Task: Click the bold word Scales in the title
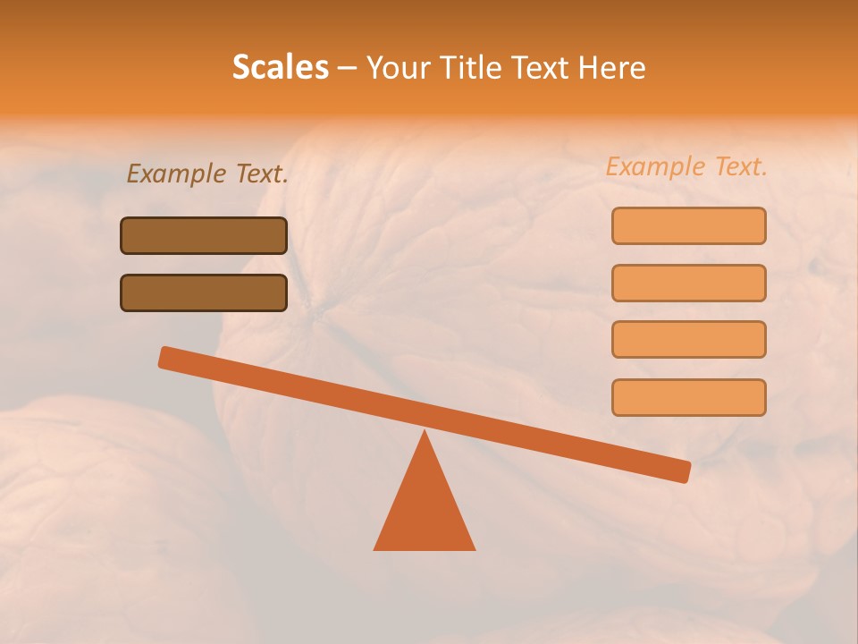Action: pos(280,67)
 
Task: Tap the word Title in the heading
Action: pos(466,67)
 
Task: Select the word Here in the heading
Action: pos(612,67)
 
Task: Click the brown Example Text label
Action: pos(207,174)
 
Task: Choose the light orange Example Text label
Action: pos(686,166)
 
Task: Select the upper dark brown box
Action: pos(204,235)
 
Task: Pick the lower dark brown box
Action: pos(204,292)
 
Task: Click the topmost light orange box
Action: pos(688,225)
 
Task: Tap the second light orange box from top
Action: pos(688,283)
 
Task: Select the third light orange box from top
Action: pos(688,340)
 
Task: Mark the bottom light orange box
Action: pos(688,397)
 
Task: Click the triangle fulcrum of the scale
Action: pos(425,510)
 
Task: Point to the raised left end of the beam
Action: pos(166,357)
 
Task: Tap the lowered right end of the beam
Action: pos(682,471)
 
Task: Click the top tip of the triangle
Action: pos(425,434)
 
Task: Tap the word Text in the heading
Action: pos(538,67)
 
